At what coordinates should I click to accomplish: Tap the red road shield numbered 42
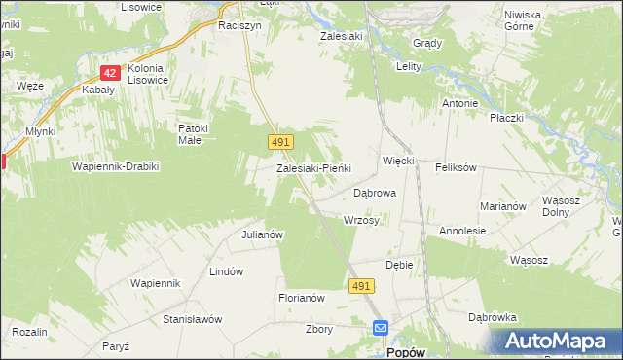pyautogui.click(x=110, y=72)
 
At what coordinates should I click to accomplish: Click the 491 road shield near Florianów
pyautogui.click(x=361, y=284)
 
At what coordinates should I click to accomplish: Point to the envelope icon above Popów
pyautogui.click(x=380, y=329)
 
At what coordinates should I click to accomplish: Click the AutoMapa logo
pyautogui.click(x=555, y=341)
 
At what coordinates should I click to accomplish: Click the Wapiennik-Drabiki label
pyautogui.click(x=115, y=166)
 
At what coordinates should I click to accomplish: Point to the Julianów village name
pyautogui.click(x=262, y=234)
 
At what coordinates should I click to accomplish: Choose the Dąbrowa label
pyautogui.click(x=375, y=194)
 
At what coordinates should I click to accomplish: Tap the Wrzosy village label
pyautogui.click(x=361, y=220)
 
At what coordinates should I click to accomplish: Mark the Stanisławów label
pyautogui.click(x=193, y=319)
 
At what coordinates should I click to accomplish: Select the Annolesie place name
pyautogui.click(x=462, y=232)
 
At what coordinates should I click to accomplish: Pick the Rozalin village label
pyautogui.click(x=30, y=332)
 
